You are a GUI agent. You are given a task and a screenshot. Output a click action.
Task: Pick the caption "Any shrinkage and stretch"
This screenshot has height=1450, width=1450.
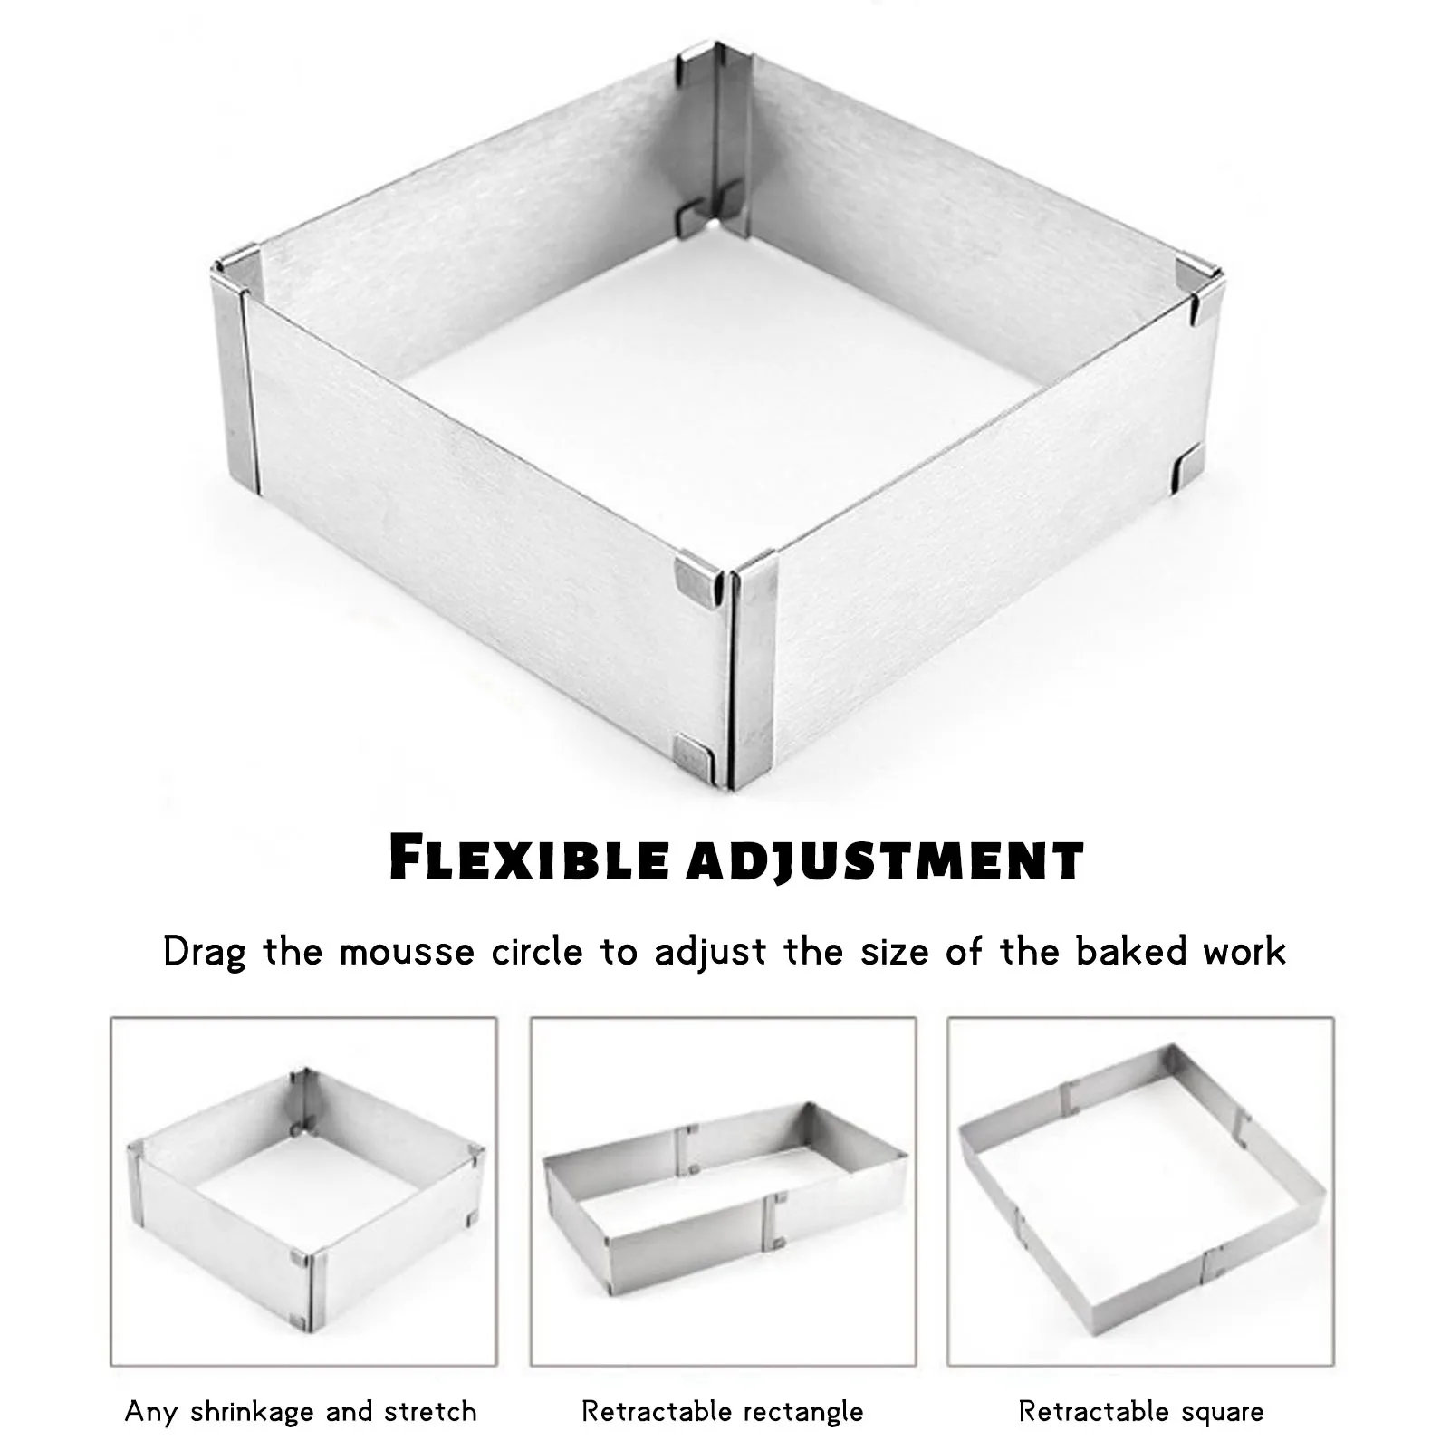(301, 1411)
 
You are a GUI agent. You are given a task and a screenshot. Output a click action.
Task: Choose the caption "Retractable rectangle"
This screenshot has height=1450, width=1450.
(723, 1411)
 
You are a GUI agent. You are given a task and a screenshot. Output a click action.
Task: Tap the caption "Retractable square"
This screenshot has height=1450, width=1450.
(1141, 1411)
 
